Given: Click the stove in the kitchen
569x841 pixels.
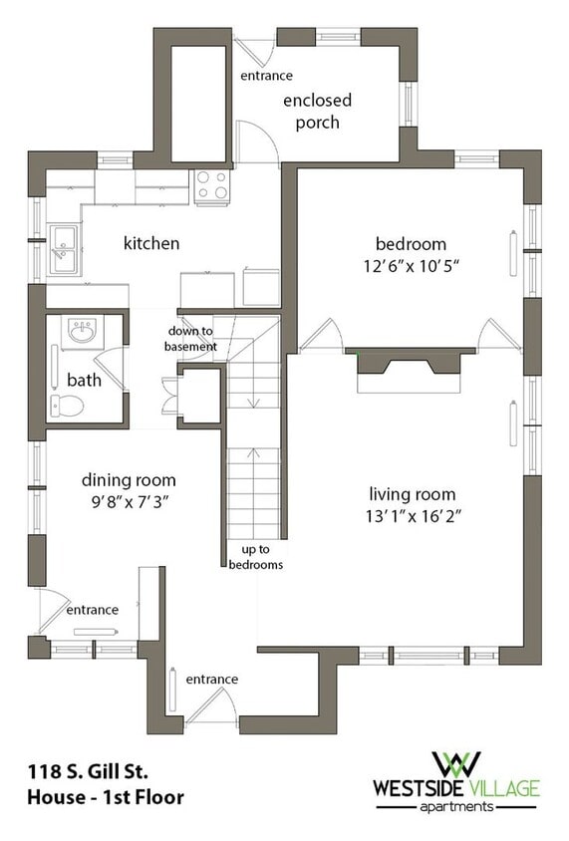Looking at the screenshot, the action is point(212,186).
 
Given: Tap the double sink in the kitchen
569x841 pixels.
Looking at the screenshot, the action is point(64,249).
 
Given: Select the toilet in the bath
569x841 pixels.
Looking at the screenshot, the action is point(67,406).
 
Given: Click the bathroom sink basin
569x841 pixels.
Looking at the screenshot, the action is point(82,331).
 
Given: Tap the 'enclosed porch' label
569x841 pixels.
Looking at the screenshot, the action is point(318,111).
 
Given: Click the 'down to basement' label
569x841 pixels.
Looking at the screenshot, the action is point(191,339).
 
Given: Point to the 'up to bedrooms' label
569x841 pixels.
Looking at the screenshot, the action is point(256,557).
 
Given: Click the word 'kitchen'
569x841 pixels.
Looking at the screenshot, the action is point(151,243).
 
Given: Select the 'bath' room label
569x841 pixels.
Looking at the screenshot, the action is point(84,380).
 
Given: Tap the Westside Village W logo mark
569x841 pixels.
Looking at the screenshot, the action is point(455,763).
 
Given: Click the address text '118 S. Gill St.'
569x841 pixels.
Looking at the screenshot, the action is point(88,771).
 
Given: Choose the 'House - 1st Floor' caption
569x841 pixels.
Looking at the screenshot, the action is point(106,797).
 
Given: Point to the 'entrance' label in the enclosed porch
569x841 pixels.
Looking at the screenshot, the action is point(266,76).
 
